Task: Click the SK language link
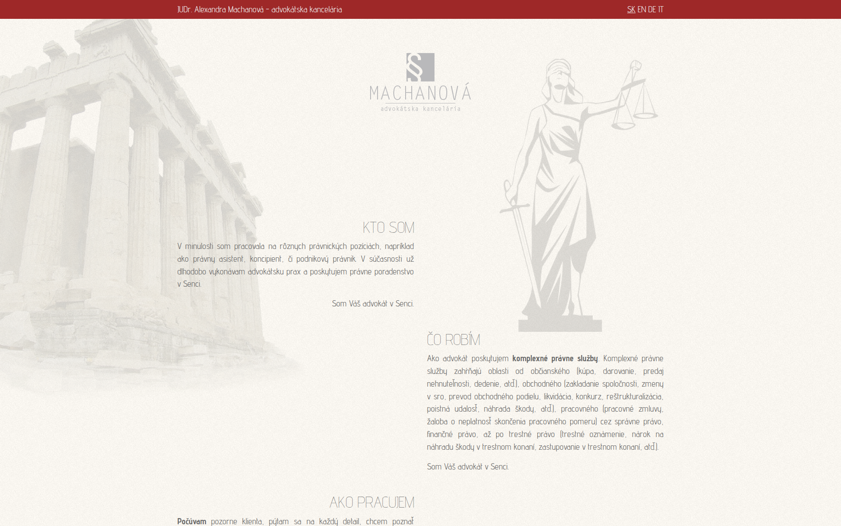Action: click(631, 9)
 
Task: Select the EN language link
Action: click(641, 9)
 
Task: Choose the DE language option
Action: click(652, 9)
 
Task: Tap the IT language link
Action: click(661, 9)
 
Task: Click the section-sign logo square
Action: click(420, 67)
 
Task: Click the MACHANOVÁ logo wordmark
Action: click(420, 93)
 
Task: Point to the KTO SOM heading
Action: click(388, 227)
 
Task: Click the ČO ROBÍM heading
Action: click(453, 340)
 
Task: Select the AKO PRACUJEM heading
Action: click(371, 502)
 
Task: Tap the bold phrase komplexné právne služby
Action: click(555, 359)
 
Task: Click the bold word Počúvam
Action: click(191, 521)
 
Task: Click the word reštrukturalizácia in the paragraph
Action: click(634, 396)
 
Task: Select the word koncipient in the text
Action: click(265, 259)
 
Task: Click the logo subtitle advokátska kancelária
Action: click(420, 109)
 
